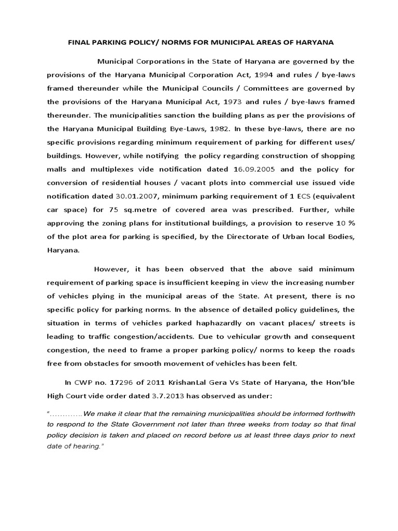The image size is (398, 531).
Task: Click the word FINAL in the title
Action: (80, 42)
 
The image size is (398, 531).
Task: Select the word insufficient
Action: (198, 282)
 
